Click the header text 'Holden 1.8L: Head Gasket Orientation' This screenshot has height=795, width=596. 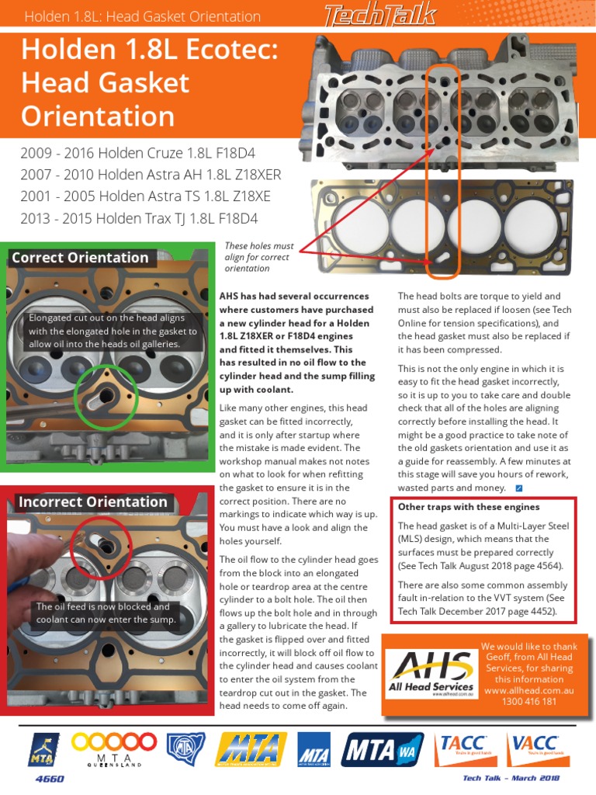pyautogui.click(x=143, y=16)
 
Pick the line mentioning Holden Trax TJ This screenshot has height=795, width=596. pyautogui.click(x=139, y=218)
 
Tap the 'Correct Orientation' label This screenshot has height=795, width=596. pyautogui.click(x=80, y=258)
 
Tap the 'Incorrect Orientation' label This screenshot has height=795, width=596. pyautogui.click(x=92, y=502)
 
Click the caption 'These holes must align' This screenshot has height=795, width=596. pyautogui.click(x=258, y=257)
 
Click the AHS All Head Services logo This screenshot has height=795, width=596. pyautogui.click(x=431, y=672)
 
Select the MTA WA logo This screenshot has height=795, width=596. pyautogui.click(x=380, y=750)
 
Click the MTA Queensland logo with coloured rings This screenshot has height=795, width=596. pyautogui.click(x=113, y=748)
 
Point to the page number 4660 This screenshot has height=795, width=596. pyautogui.click(x=50, y=779)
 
